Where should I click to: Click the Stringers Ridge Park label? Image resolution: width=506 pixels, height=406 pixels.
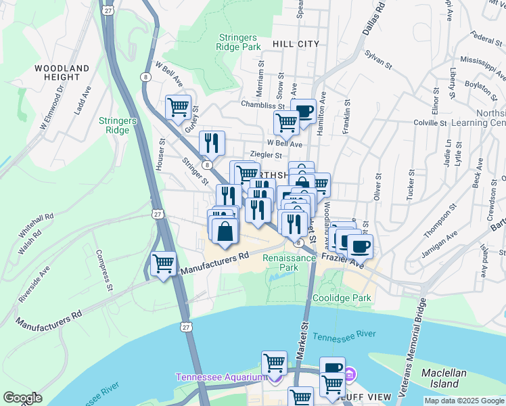coord(239,43)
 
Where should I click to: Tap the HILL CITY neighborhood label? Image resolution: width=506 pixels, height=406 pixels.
coord(296,44)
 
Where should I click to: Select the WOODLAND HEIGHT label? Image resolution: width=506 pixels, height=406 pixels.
coord(62,73)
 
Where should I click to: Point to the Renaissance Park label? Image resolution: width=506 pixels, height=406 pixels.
coord(289,263)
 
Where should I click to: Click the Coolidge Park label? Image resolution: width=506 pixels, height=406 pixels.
coord(342,298)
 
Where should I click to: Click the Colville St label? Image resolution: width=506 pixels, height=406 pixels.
coord(430,124)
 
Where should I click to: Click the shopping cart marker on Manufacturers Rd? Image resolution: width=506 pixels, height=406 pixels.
coord(163,263)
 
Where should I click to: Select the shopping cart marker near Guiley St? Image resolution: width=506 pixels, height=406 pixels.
coord(178,107)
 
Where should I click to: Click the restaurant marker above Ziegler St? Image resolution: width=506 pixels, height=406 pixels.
coord(212,142)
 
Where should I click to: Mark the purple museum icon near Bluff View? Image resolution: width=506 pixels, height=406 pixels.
coord(350,374)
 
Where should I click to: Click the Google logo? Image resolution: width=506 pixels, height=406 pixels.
coord(22,398)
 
